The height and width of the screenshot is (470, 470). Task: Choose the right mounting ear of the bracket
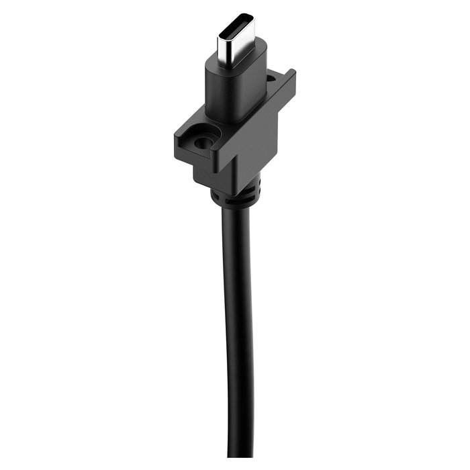(x=282, y=94)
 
